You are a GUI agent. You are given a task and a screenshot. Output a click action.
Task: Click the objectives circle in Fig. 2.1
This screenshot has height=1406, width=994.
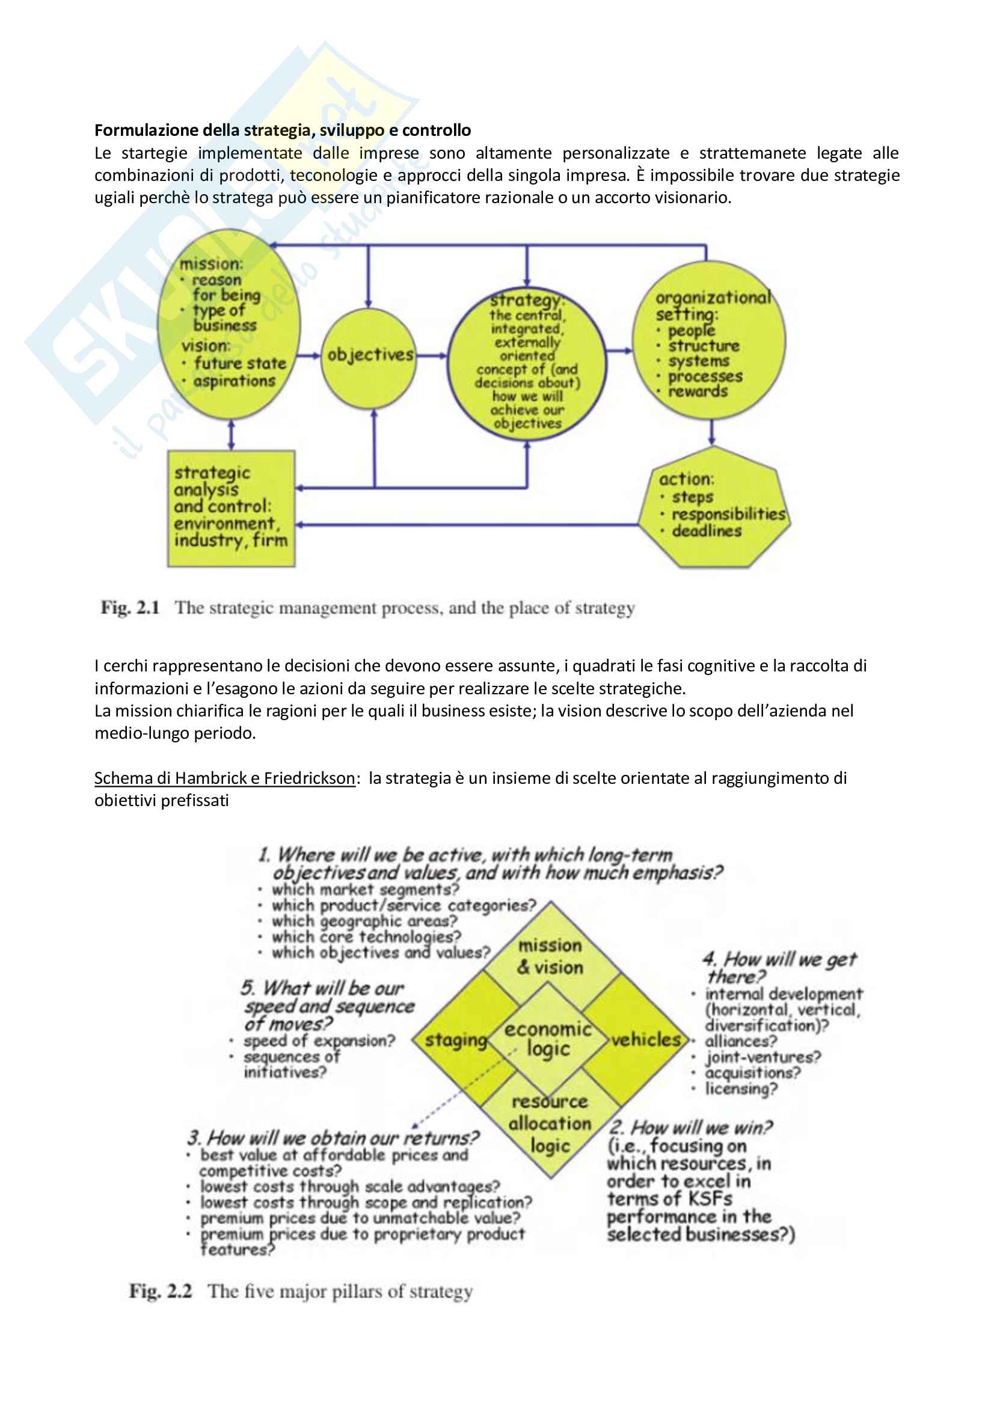pos(369,355)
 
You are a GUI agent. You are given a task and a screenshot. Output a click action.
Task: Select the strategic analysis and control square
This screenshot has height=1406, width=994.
pos(231,508)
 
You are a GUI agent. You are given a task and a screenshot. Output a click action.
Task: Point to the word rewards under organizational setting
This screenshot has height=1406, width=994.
pos(698,391)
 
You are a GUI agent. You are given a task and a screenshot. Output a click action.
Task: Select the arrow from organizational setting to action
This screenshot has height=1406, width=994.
pos(711,432)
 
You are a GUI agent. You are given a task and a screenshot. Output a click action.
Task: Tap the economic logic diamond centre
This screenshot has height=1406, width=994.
pos(548,1039)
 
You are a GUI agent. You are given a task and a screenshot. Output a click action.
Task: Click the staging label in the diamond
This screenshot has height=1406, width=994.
pos(456,1040)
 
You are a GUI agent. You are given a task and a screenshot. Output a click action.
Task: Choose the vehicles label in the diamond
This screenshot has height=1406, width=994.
pos(646,1039)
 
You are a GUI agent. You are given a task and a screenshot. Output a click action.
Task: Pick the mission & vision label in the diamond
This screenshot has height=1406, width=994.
pos(550,956)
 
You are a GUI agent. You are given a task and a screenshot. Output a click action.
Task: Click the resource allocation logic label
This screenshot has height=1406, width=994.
pos(550,1123)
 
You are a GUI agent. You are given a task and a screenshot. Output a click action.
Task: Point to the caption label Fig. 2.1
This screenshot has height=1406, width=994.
pos(130,608)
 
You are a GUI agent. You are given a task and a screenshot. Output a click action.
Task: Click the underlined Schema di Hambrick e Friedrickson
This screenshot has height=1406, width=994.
pos(224,778)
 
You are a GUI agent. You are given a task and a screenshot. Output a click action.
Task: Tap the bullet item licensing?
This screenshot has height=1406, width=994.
pos(740,1089)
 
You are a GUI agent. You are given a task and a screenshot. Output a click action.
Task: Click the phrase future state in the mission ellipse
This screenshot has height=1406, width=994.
pos(240,363)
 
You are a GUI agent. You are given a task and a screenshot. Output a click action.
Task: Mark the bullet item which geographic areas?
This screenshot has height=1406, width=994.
pos(364,921)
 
